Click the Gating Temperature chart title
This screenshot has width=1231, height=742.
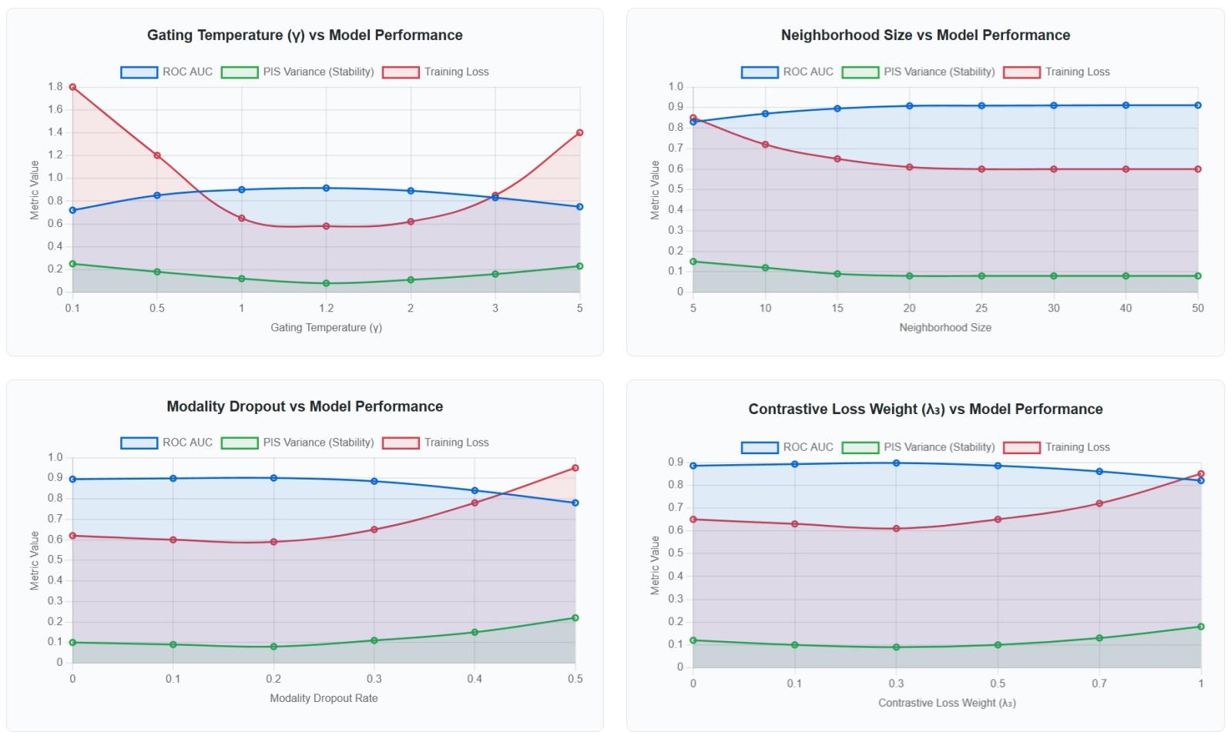[304, 35]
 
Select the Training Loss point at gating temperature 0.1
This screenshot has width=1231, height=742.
[72, 87]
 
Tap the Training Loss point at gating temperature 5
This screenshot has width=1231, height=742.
[579, 132]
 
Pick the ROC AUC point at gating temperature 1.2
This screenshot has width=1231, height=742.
[326, 188]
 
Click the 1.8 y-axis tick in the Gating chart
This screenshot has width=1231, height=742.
[55, 86]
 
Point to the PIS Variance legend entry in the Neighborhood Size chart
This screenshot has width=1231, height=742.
[918, 72]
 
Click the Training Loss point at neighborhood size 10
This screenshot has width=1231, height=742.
[765, 145]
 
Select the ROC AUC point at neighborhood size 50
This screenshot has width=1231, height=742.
[1198, 105]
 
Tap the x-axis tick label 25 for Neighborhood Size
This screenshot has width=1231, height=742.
[981, 308]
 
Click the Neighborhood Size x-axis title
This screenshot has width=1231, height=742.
[944, 327]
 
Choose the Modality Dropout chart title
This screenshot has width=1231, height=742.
[304, 406]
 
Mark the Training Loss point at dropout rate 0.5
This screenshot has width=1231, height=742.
[575, 468]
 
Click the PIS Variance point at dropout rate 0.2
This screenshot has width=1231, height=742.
[273, 647]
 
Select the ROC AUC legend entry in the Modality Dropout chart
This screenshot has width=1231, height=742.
[166, 443]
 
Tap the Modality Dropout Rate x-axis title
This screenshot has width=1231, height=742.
[324, 698]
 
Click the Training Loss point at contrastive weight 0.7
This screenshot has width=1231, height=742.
[1099, 503]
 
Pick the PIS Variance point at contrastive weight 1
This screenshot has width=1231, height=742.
[1200, 627]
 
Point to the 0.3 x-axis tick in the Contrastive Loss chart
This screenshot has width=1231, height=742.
[896, 684]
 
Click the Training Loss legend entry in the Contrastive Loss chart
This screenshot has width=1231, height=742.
[1056, 447]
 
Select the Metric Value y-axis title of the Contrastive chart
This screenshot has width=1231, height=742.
[655, 565]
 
